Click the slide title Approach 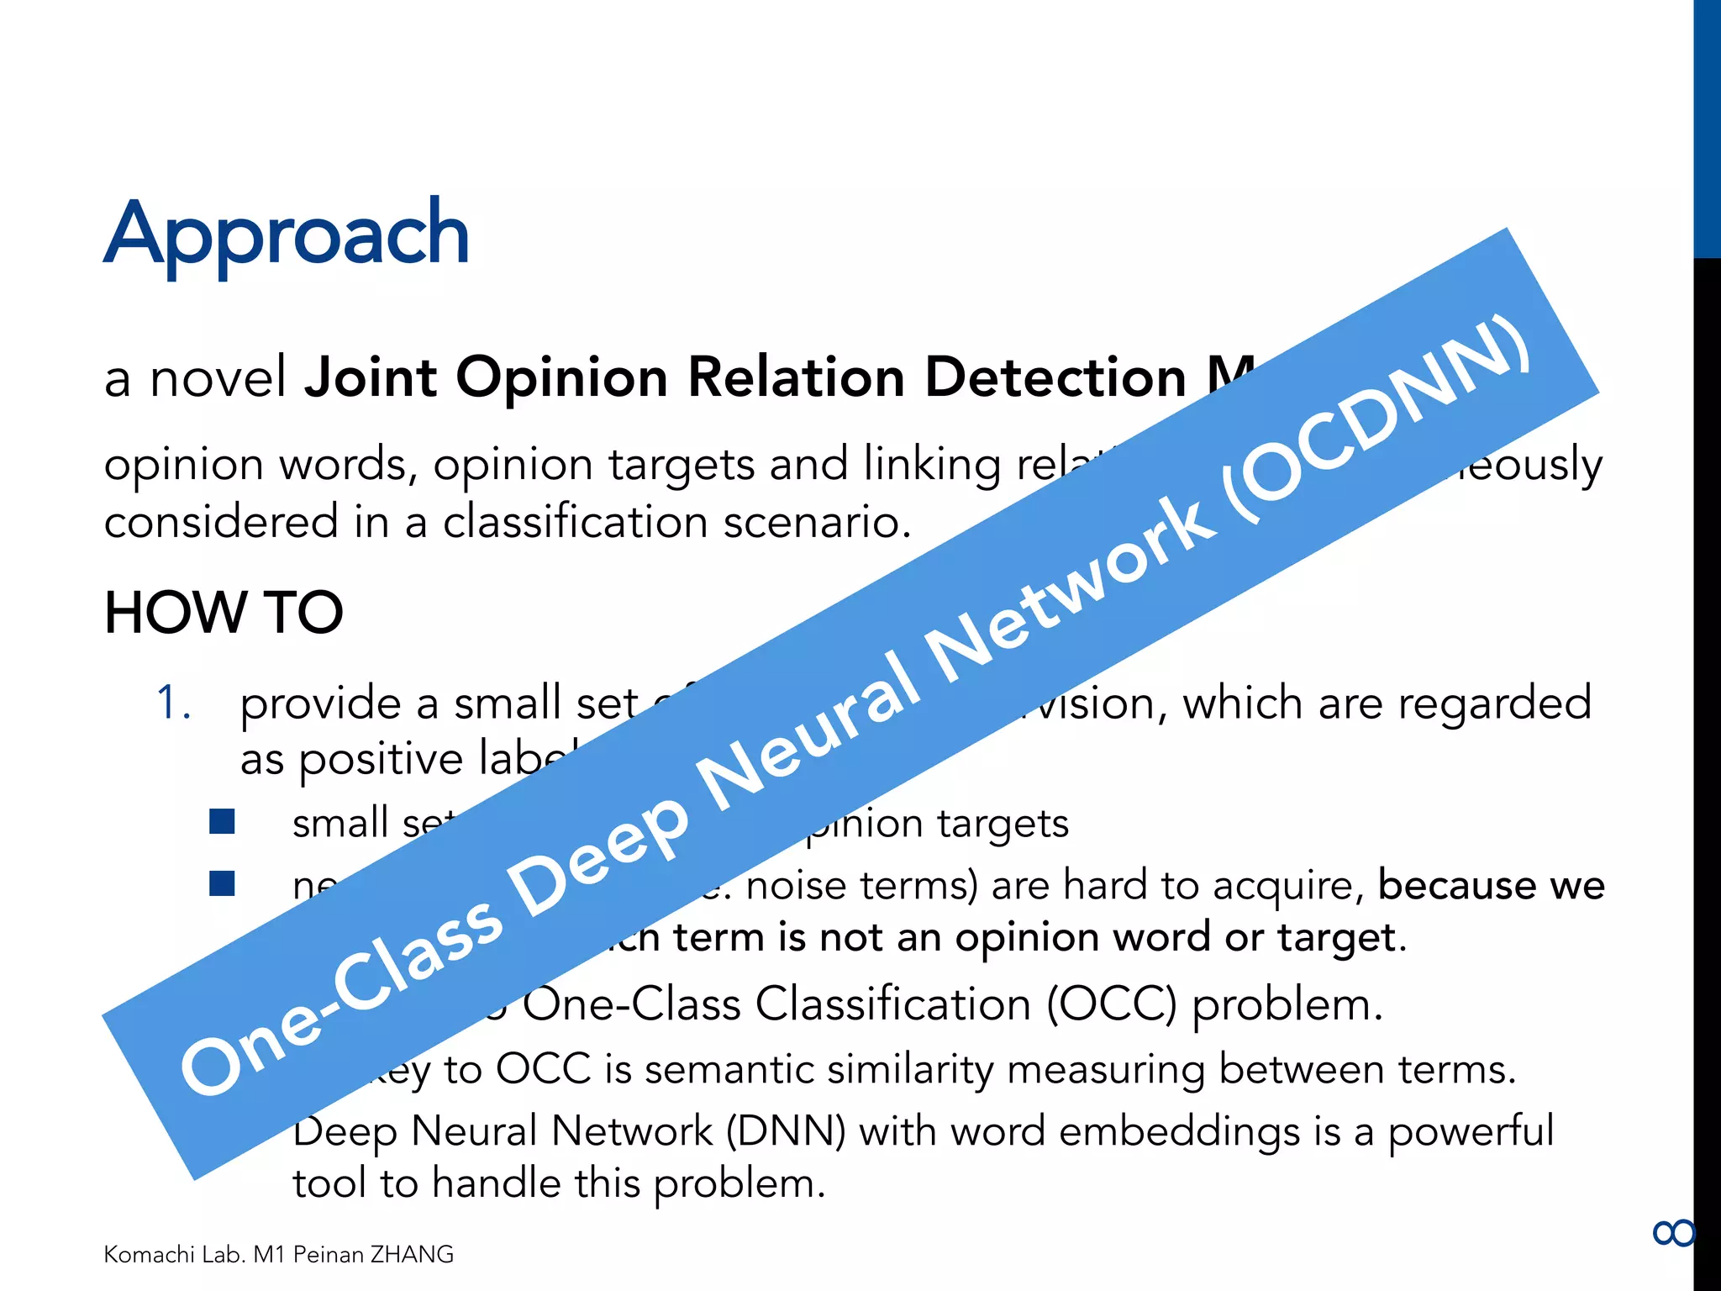coord(286,234)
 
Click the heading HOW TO coord(224,612)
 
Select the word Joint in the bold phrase coord(371,377)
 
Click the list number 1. coord(174,703)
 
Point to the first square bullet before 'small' coord(222,821)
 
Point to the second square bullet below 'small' coord(222,883)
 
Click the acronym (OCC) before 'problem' coord(1112,1004)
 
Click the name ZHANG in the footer coord(412,1254)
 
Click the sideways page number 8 coord(1673,1233)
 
